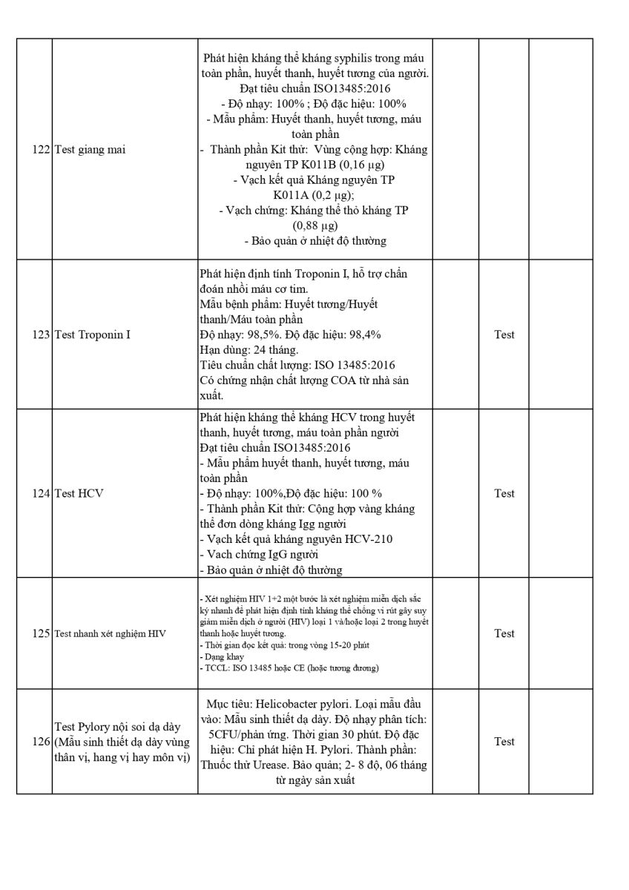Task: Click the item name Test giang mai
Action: pyautogui.click(x=90, y=150)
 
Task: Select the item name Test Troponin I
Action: pyautogui.click(x=93, y=334)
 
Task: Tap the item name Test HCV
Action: pyautogui.click(x=79, y=493)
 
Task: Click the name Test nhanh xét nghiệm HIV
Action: pyautogui.click(x=110, y=633)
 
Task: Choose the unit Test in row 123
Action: pyautogui.click(x=504, y=334)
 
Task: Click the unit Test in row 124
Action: pyautogui.click(x=504, y=493)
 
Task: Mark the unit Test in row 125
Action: pyautogui.click(x=504, y=633)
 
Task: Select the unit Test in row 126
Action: pyautogui.click(x=504, y=741)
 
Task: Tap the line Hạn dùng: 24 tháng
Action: pyautogui.click(x=248, y=350)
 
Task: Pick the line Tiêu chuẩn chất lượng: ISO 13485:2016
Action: pyautogui.click(x=297, y=365)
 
